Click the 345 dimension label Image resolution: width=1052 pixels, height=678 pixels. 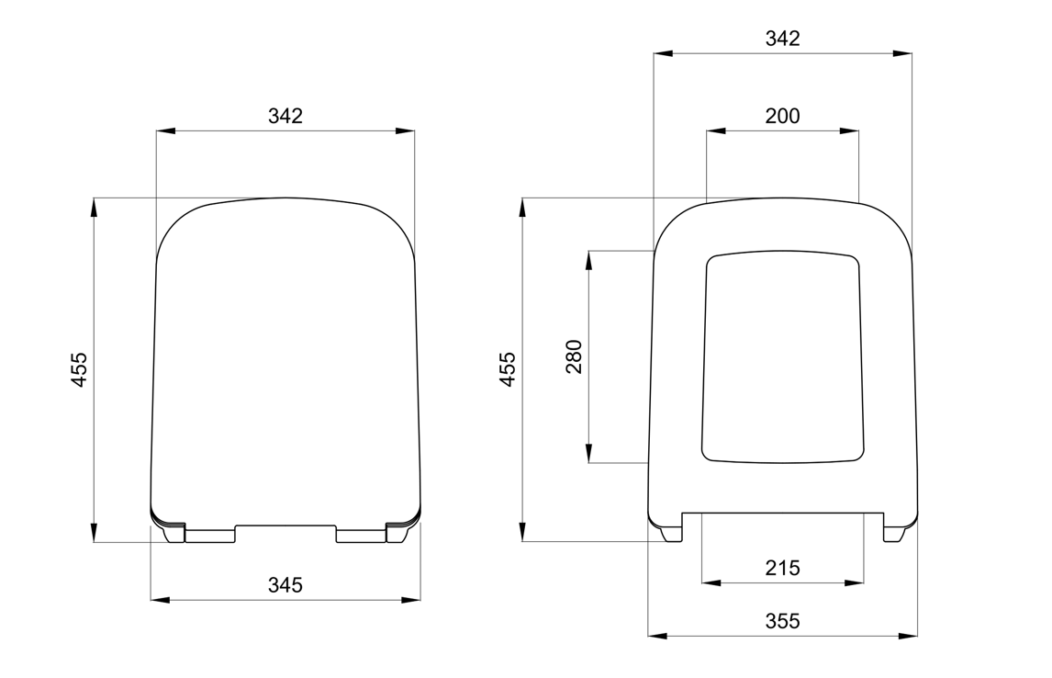coord(285,585)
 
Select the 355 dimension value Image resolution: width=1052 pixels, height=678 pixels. coord(782,621)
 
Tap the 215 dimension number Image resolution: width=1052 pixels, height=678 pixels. coord(782,568)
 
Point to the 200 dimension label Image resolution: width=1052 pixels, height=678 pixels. coord(782,116)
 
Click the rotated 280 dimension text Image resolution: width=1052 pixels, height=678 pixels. coord(575,356)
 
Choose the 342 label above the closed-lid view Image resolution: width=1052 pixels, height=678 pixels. coord(285,116)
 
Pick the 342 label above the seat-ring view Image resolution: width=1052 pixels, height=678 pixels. coord(782,39)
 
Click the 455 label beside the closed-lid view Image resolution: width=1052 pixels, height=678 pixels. coord(79,369)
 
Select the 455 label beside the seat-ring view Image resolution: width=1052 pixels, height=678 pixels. coord(509,369)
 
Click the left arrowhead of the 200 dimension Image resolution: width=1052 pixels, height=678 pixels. coord(716,130)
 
